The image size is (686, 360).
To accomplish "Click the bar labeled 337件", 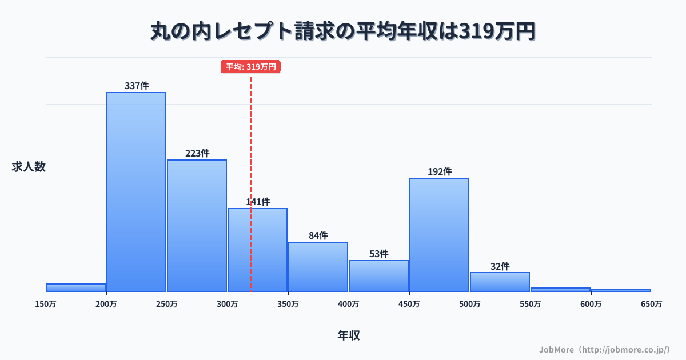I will pyautogui.click(x=136, y=192).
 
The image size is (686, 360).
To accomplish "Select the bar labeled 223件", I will pyautogui.click(x=197, y=226).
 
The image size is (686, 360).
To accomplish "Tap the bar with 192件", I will pyautogui.click(x=439, y=235).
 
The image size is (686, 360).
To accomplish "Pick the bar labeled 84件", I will pyautogui.click(x=318, y=267).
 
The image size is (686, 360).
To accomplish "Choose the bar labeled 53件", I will pyautogui.click(x=378, y=276).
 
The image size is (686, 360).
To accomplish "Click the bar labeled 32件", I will pyautogui.click(x=500, y=282).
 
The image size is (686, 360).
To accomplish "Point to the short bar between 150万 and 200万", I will pyautogui.click(x=75, y=287).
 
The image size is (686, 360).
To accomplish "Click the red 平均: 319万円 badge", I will pyautogui.click(x=250, y=67).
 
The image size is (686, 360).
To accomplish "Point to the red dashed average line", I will pyautogui.click(x=250, y=143).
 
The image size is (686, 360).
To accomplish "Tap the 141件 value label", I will pyautogui.click(x=258, y=202).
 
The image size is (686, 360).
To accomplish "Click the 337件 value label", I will pyautogui.click(x=137, y=86).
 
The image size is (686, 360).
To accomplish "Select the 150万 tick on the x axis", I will pyautogui.click(x=46, y=304).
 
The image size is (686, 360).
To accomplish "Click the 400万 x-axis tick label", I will pyautogui.click(x=348, y=304).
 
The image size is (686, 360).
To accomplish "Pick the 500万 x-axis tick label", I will pyautogui.click(x=469, y=304).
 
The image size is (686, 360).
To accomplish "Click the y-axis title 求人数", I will pyautogui.click(x=28, y=167).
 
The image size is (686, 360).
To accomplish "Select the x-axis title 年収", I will pyautogui.click(x=348, y=335).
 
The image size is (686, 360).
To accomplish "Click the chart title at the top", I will pyautogui.click(x=343, y=31).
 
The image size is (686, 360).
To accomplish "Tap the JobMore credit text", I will pyautogui.click(x=604, y=349).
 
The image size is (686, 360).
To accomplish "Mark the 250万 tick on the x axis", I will pyautogui.click(x=166, y=304).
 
